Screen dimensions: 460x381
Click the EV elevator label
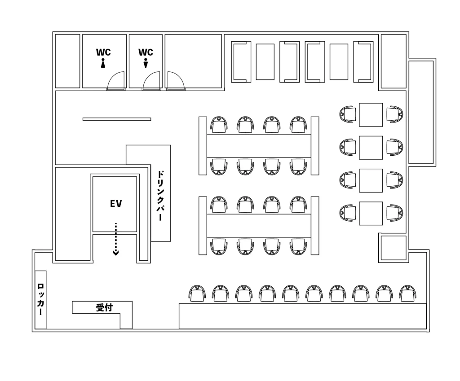[x=116, y=204]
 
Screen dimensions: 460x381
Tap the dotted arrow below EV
[x=116, y=239]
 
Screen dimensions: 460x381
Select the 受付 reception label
[x=104, y=307]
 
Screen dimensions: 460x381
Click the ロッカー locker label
[x=40, y=299]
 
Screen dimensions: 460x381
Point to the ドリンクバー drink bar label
[x=160, y=196]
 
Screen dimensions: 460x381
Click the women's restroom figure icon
[x=103, y=63]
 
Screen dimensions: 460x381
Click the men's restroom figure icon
[x=146, y=63]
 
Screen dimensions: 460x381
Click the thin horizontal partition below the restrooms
[x=117, y=119]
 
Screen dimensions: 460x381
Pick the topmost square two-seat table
[x=371, y=115]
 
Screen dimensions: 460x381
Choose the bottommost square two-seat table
[x=371, y=213]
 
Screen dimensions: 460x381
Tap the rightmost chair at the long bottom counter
[x=408, y=293]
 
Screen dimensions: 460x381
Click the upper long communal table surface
[x=259, y=146]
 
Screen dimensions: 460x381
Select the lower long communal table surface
[x=259, y=226]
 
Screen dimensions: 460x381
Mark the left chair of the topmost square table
[x=348, y=114]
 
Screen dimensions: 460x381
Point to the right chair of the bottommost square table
[x=394, y=213]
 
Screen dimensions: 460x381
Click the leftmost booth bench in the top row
[x=241, y=62]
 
